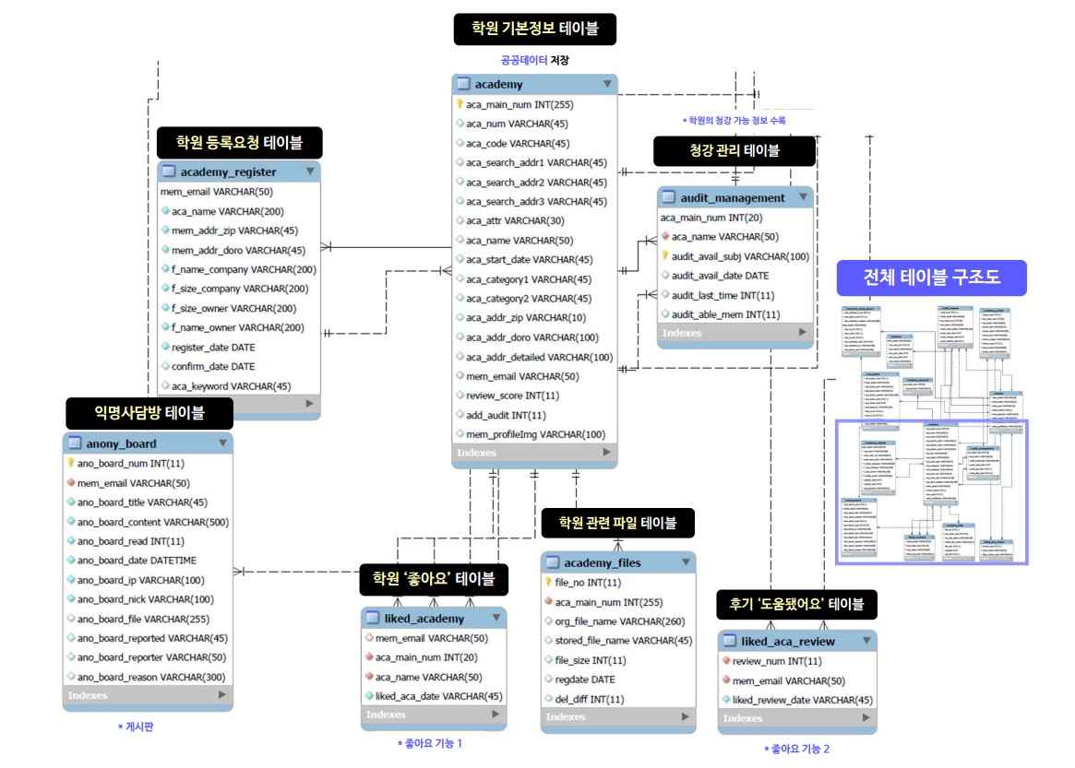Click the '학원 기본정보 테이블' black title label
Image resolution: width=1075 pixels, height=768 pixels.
pos(534,29)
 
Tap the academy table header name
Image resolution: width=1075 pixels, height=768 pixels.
pos(498,84)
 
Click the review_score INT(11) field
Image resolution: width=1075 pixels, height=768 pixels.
pos(512,396)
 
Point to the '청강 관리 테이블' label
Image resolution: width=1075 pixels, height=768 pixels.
pos(735,151)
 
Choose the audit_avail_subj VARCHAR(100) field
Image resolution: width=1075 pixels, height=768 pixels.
pos(740,256)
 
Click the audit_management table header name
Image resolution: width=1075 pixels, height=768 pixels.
pos(733,197)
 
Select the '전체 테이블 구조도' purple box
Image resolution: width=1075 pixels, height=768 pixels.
pos(931,278)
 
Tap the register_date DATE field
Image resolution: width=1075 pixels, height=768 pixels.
pos(213,348)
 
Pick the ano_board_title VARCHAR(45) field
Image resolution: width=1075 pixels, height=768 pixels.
pos(142,502)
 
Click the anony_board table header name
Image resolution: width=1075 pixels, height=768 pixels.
pos(115,443)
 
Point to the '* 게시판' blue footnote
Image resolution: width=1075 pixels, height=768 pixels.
pos(136,727)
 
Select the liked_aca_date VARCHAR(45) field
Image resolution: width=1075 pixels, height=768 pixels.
pos(438,696)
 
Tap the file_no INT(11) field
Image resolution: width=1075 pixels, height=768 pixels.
pos(588,583)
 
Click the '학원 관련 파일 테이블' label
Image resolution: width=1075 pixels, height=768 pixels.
pos(617,524)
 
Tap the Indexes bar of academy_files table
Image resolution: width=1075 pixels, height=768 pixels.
pos(616,716)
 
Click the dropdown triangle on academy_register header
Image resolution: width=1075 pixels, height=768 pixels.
pos(309,171)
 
